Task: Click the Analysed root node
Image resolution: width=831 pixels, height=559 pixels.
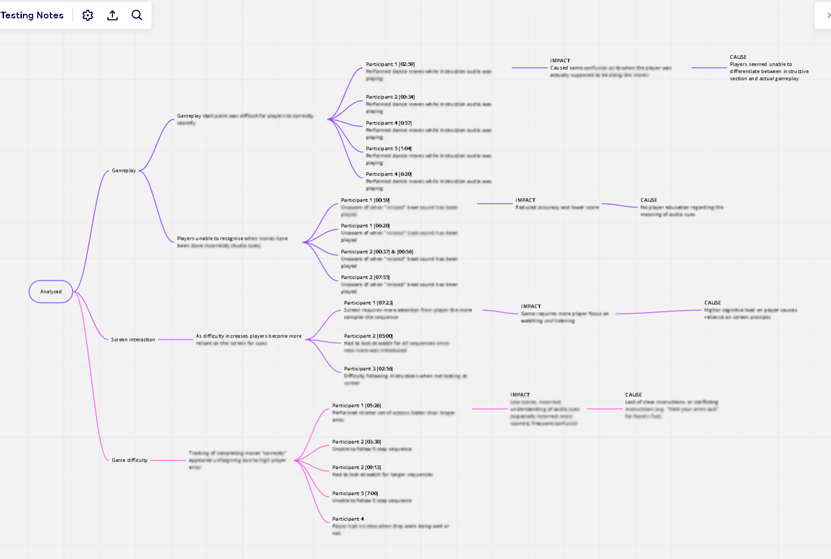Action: click(x=51, y=291)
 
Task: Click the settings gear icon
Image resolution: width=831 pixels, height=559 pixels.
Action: click(x=88, y=15)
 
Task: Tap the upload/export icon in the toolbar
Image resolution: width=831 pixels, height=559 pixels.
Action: click(x=112, y=15)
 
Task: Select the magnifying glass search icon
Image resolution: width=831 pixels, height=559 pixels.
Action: click(x=137, y=15)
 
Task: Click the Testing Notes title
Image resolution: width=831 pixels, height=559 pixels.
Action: click(x=32, y=15)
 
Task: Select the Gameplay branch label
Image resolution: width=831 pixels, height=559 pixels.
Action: click(x=124, y=171)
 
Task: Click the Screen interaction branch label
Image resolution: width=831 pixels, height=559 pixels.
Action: click(x=133, y=339)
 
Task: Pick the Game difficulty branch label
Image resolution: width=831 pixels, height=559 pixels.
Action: click(x=130, y=460)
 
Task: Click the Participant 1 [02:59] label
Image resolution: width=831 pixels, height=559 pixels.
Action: click(x=390, y=64)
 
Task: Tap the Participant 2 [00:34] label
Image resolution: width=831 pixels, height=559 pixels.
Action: click(x=390, y=97)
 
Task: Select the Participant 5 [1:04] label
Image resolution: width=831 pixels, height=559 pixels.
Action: click(x=389, y=149)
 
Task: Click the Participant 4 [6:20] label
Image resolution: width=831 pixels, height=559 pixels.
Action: click(x=389, y=174)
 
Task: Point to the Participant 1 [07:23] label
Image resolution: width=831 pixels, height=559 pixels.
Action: click(x=368, y=303)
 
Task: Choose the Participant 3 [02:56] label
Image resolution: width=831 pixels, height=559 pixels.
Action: click(x=368, y=369)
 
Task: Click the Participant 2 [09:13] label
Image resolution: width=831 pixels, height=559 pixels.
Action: click(x=357, y=467)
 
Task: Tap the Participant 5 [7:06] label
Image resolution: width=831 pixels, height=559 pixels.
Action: click(x=355, y=493)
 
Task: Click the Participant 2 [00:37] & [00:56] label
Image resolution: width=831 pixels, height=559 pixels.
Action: click(x=377, y=252)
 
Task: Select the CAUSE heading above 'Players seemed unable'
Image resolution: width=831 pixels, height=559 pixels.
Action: click(x=738, y=57)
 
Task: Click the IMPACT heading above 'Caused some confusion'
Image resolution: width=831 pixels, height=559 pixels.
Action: click(x=560, y=61)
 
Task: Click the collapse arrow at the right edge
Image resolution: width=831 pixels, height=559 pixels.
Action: click(x=827, y=15)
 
